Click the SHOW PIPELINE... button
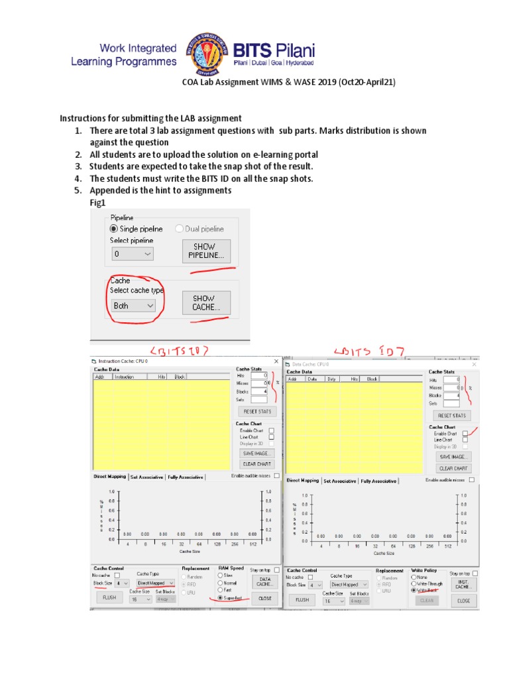[x=206, y=251]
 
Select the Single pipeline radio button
[x=115, y=229]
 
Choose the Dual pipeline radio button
[x=180, y=229]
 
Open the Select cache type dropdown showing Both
[x=133, y=306]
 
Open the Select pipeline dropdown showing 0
[x=133, y=253]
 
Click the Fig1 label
[x=97, y=202]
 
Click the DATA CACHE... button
[x=264, y=582]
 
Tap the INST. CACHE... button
[x=463, y=584]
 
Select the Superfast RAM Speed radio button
[x=220, y=597]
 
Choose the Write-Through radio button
[x=414, y=584]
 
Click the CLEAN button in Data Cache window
[x=427, y=600]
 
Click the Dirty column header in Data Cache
[x=331, y=379]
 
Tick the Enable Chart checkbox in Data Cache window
[x=465, y=433]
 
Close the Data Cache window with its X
[x=474, y=364]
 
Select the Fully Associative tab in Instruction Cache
[x=186, y=476]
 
